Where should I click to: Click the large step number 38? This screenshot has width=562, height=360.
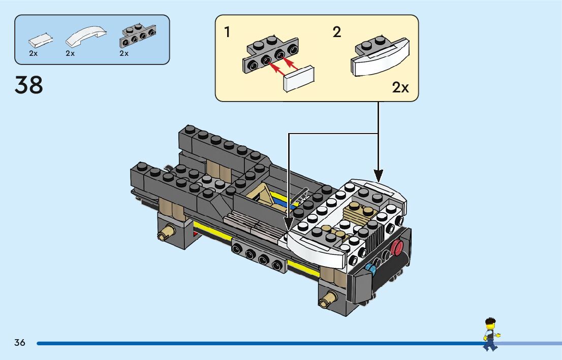[x=29, y=85]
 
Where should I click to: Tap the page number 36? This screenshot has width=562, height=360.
[x=20, y=343]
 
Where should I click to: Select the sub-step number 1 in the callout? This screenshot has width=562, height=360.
[x=227, y=32]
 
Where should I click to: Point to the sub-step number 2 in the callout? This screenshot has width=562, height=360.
[x=336, y=32]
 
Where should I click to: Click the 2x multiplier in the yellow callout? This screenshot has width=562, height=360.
[x=400, y=87]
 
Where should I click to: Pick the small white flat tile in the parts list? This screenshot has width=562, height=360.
[x=41, y=39]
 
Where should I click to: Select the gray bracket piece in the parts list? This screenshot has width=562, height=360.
[x=138, y=36]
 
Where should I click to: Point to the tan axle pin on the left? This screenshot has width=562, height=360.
[x=165, y=234]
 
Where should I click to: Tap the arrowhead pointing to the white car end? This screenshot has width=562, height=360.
[x=378, y=175]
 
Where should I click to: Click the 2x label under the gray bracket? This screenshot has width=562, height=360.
[x=124, y=53]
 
